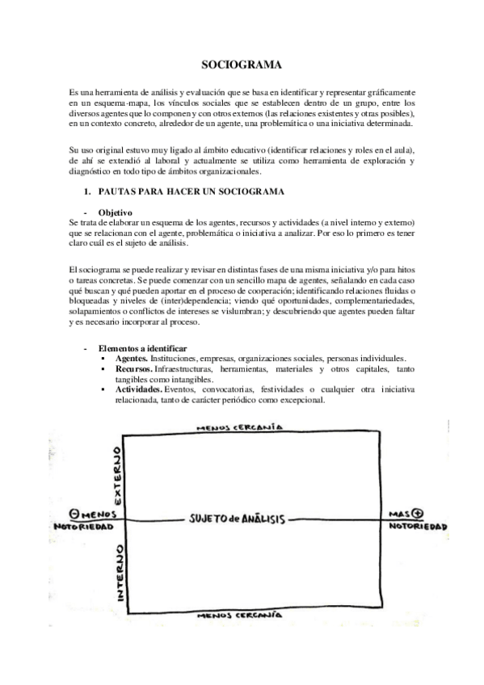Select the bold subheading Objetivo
(112, 212)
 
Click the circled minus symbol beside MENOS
(75, 513)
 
